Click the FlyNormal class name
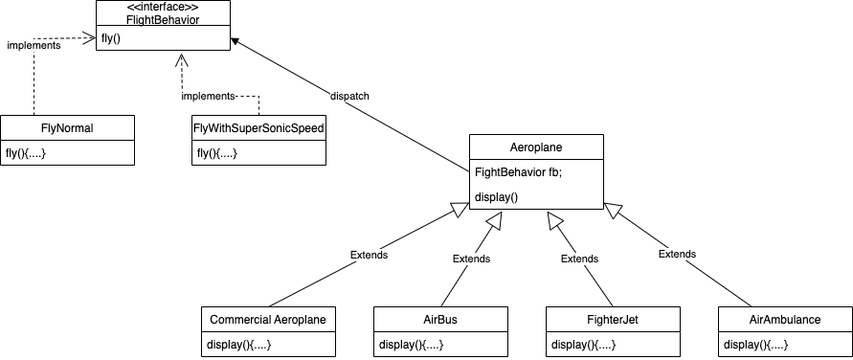(67, 127)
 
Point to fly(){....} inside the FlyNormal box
(26, 153)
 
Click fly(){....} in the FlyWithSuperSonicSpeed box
(217, 153)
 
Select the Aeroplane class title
(536, 147)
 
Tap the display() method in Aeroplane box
(496, 197)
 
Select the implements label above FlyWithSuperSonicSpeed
(209, 97)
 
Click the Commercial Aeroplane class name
(268, 319)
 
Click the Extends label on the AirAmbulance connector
(677, 254)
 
